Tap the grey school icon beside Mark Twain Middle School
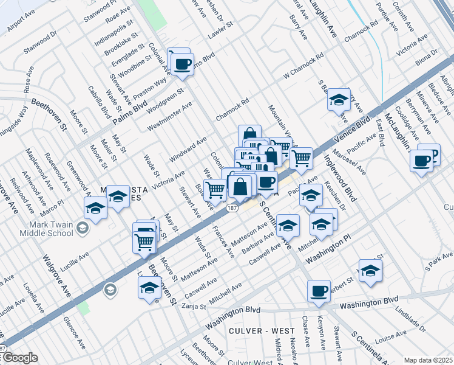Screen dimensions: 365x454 tap(84, 229)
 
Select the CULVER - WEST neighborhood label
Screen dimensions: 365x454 tap(254, 330)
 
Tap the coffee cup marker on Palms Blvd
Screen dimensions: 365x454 tap(182, 63)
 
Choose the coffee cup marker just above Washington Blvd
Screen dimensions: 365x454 tap(318, 291)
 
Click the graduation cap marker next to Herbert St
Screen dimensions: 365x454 tap(370, 271)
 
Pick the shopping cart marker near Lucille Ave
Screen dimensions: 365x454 tap(144, 242)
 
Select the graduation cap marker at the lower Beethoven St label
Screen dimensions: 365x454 tap(149, 287)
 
